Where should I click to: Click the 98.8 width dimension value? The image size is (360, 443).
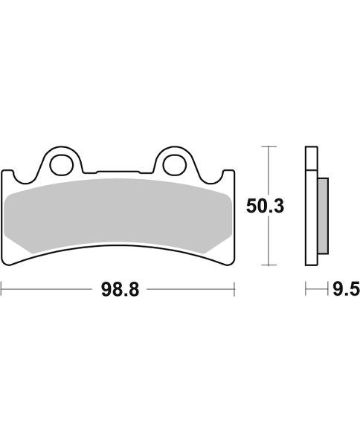[120, 290]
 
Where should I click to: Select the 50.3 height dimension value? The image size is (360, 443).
[265, 206]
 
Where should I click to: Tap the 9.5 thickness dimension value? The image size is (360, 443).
[346, 289]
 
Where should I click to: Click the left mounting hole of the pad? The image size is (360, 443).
[60, 165]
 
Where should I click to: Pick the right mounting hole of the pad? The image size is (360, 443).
[173, 165]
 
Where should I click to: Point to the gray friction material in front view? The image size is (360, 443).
[118, 216]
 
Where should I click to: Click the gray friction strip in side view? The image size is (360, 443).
[323, 216]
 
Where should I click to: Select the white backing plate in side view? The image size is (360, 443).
[312, 206]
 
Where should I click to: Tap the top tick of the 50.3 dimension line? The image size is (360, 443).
[269, 146]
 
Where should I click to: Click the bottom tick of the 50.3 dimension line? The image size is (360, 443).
[269, 265]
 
